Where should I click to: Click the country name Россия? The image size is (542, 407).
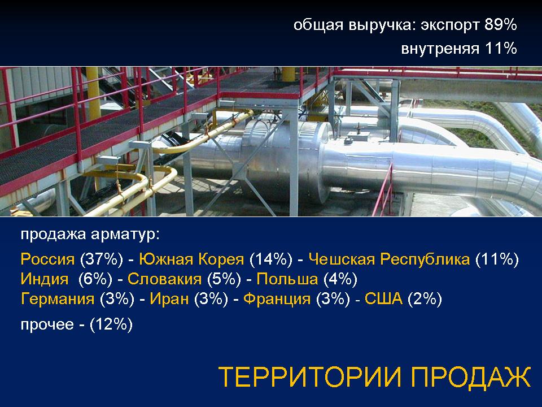tap(47, 259)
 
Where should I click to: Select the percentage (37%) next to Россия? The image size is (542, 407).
tap(101, 259)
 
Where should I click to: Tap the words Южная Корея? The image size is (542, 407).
tap(191, 259)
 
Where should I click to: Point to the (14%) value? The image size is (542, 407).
tap(270, 259)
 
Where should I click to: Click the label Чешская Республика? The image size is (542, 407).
tap(389, 259)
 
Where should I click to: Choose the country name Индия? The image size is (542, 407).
tap(45, 279)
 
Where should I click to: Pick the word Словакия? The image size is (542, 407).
tap(164, 279)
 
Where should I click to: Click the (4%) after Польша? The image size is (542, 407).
tap(340, 279)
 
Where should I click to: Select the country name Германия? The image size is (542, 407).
tap(58, 298)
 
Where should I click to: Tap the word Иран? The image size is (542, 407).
tap(169, 298)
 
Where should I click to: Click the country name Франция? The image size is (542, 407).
tap(277, 298)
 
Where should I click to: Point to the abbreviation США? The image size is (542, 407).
tap(384, 298)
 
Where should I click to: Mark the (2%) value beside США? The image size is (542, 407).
tap(425, 298)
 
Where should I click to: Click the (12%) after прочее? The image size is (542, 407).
tap(111, 324)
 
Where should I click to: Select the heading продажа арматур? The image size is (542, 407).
tap(90, 234)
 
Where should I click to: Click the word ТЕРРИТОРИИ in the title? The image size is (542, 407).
tap(310, 376)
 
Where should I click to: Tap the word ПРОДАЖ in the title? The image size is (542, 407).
tap(471, 376)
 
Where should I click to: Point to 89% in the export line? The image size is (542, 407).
tap(501, 24)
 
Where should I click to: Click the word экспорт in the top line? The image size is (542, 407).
tap(450, 25)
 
